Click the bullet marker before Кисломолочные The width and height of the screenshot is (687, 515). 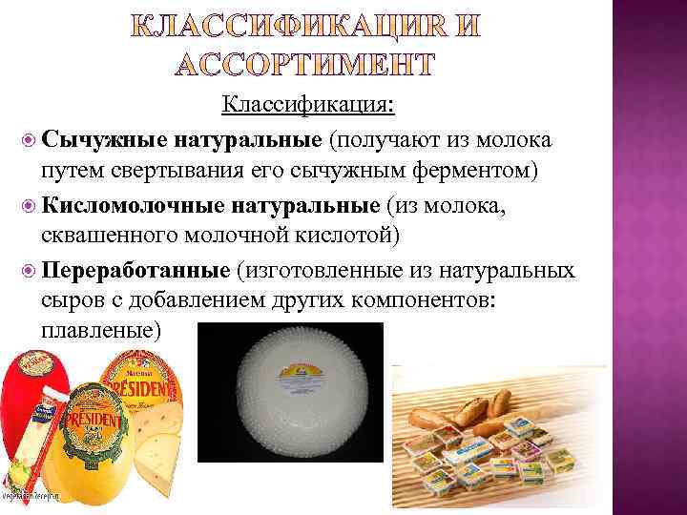pyautogui.click(x=28, y=205)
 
